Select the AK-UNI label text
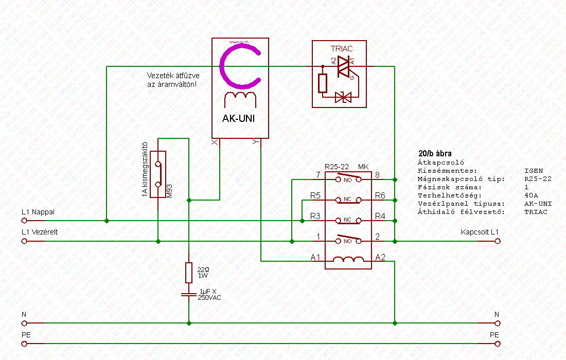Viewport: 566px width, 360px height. [x=238, y=119]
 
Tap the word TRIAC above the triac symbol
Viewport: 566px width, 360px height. [x=341, y=49]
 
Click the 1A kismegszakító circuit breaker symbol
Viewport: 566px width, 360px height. [x=161, y=175]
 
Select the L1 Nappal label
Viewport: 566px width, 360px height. [x=38, y=212]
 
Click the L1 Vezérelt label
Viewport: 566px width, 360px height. [x=40, y=232]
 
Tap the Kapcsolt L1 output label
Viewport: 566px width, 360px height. [x=480, y=232]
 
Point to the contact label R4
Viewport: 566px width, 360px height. [x=380, y=217]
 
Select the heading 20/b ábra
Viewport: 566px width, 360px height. [x=435, y=153]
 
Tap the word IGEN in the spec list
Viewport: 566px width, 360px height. [x=534, y=171]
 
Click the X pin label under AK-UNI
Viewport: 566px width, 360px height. [x=215, y=143]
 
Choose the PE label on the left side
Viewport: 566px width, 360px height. [x=26, y=334]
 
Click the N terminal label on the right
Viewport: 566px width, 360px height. [x=497, y=314]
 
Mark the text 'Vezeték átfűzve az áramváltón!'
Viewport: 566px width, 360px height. [x=171, y=80]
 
